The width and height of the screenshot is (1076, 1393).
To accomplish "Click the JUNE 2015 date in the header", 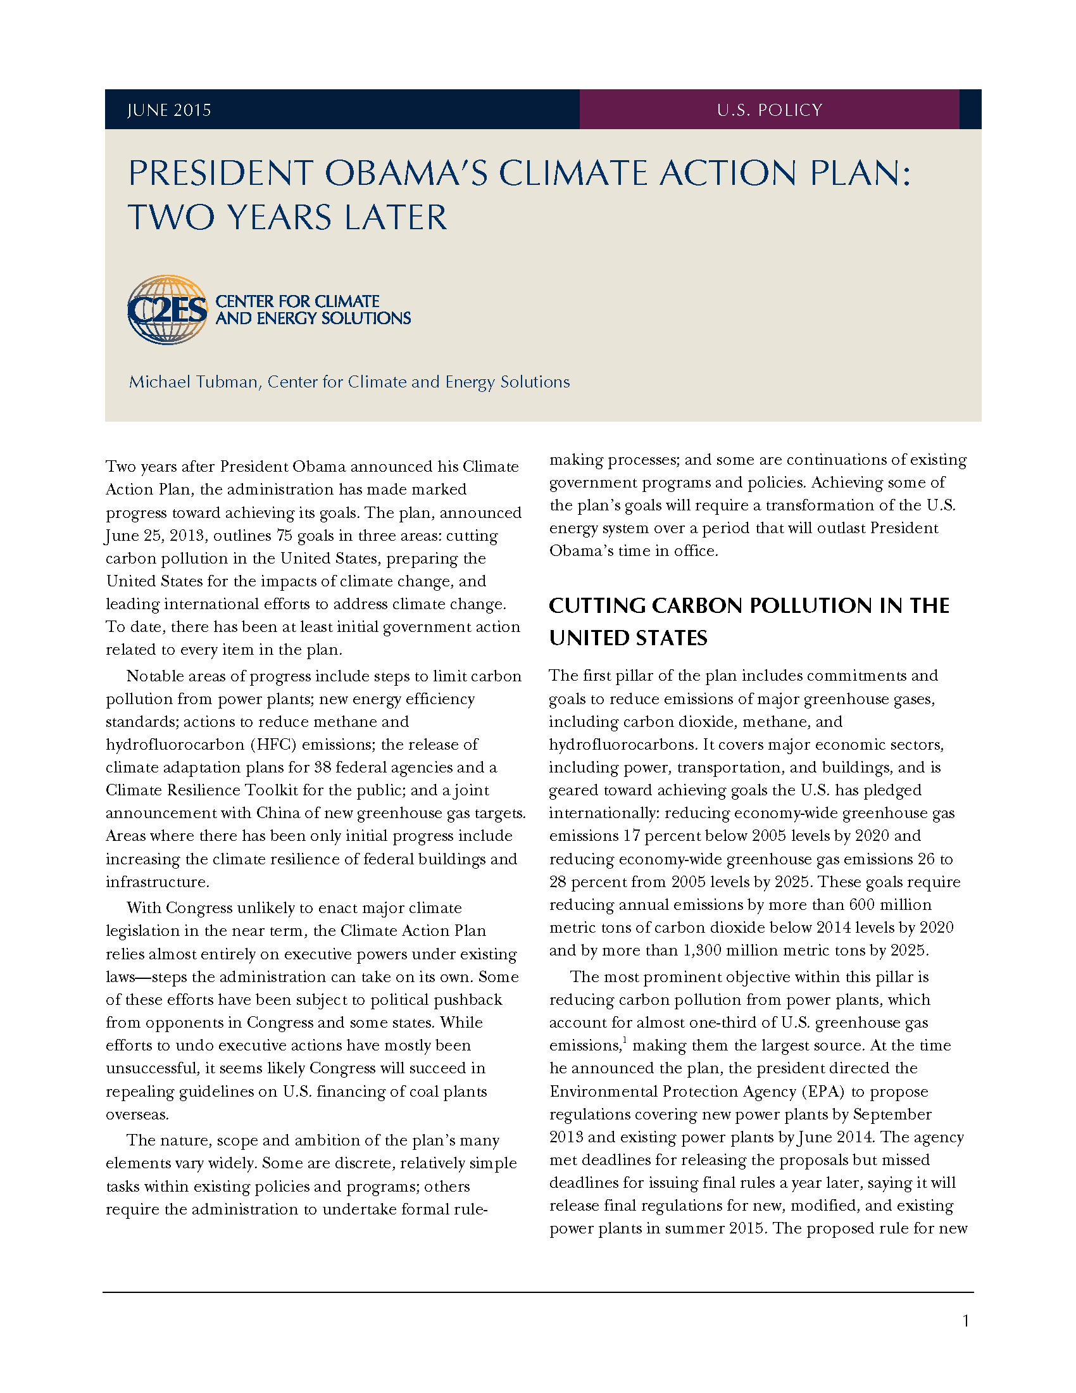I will [169, 110].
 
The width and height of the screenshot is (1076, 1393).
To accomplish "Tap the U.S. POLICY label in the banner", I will [770, 110].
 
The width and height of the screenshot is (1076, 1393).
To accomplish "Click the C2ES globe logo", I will [168, 310].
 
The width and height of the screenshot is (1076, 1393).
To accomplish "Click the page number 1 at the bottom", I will [966, 1321].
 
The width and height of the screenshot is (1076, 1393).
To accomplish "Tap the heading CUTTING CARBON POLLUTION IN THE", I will [749, 605].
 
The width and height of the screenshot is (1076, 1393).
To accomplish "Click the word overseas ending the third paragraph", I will [137, 1114].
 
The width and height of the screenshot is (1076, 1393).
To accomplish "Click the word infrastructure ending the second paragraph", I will [156, 882].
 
